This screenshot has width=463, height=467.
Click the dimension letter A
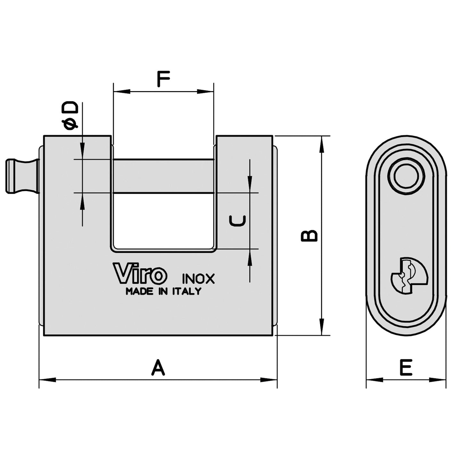[158, 368]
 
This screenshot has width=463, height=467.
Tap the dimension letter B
[309, 235]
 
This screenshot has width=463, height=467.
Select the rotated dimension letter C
[237, 221]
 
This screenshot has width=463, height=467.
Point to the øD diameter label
[70, 116]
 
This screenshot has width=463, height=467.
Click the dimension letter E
[406, 368]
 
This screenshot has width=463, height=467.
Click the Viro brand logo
[140, 273]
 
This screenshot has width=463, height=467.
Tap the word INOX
[198, 279]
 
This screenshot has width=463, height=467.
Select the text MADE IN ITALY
[163, 291]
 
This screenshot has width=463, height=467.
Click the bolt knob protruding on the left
[22, 176]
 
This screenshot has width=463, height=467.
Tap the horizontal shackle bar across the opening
[163, 176]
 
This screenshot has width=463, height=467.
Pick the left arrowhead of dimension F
[122, 92]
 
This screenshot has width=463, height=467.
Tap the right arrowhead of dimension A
[269, 380]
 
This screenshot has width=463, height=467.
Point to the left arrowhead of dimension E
[374, 380]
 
